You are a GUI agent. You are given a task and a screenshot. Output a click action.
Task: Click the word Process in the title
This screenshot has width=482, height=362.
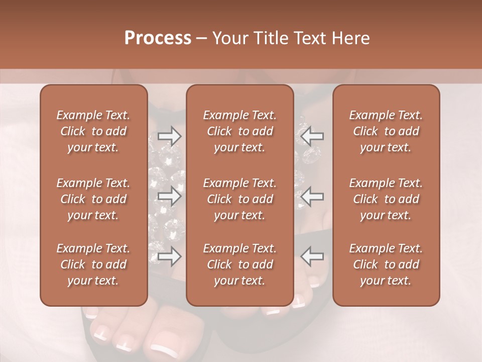click(158, 38)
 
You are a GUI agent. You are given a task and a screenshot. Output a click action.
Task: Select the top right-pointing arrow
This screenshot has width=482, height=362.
click(169, 136)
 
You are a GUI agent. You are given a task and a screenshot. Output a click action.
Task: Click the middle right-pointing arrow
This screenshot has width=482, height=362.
click(169, 196)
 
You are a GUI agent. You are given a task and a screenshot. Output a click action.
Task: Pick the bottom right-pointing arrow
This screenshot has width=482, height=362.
click(169, 256)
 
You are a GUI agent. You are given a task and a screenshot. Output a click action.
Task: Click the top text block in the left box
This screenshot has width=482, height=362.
click(93, 131)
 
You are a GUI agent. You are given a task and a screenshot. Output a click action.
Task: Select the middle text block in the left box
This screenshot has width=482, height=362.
click(93, 199)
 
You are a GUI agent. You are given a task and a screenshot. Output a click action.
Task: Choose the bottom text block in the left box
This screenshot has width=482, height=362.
click(93, 264)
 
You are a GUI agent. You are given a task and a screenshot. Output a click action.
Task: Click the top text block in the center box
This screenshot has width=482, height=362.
click(239, 131)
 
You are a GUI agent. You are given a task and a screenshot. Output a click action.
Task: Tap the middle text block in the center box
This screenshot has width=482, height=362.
click(239, 199)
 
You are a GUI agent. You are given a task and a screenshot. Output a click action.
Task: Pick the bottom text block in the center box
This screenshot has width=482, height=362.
click(239, 264)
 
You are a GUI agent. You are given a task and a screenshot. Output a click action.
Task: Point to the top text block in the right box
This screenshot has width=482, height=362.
click(386, 131)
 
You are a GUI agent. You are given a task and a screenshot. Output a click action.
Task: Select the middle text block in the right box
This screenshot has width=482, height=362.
click(386, 199)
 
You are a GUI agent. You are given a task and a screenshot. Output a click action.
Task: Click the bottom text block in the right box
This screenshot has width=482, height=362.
click(386, 264)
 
